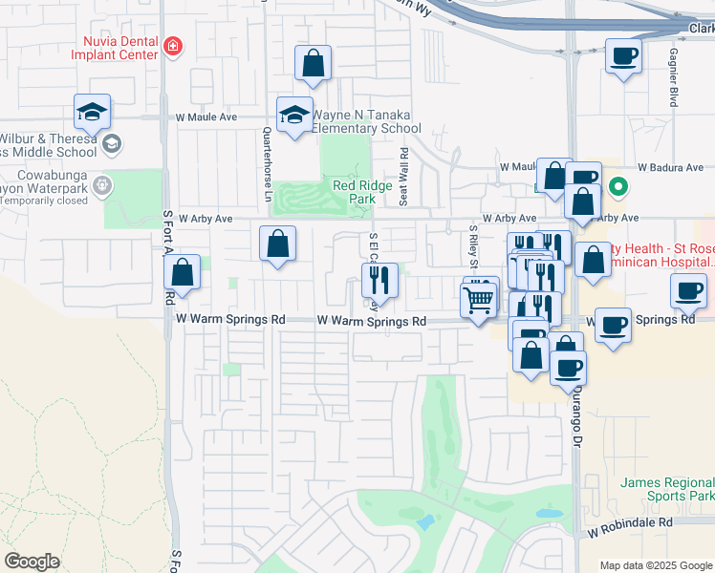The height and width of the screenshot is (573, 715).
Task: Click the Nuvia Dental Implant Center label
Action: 113,49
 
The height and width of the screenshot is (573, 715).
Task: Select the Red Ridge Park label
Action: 361,192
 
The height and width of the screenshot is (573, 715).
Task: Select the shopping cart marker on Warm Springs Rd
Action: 477,301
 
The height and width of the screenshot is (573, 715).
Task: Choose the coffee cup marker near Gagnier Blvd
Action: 622,56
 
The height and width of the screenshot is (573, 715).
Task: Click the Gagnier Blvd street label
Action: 674,77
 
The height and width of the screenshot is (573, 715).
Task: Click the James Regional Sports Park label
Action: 667,490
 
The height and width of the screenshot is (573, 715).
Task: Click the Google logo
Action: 32,562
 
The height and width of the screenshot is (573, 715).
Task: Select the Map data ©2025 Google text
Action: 656,565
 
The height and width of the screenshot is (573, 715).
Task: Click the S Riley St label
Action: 472,248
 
